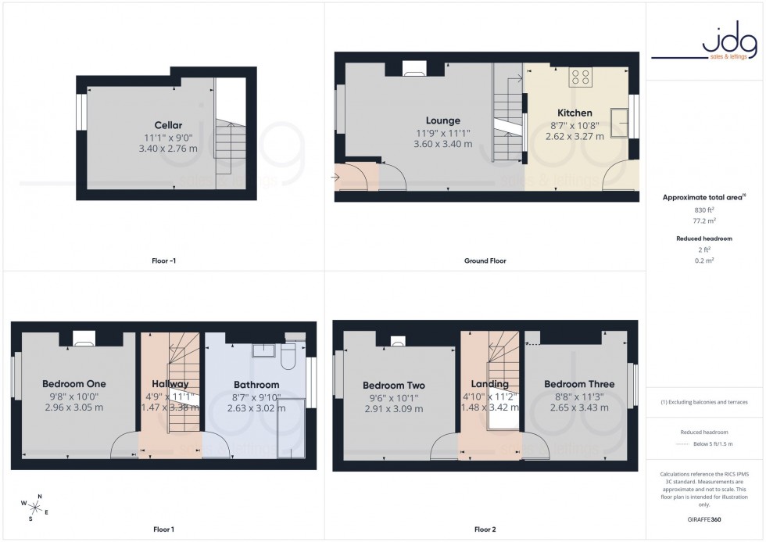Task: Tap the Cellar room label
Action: coord(168,125)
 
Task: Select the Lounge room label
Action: coord(443,120)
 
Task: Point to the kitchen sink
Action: coord(621,122)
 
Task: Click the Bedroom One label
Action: coord(73,384)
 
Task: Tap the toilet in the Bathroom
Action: coord(286,357)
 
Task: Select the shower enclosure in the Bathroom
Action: coord(291,426)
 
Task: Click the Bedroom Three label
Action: coord(579,384)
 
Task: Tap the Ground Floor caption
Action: coord(485,260)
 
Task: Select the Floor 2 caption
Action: coord(485,529)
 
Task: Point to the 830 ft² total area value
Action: coord(705,210)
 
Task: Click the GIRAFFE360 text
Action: coord(705,519)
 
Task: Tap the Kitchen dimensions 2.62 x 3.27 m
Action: coord(574,136)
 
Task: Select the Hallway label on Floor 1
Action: coord(170,384)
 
